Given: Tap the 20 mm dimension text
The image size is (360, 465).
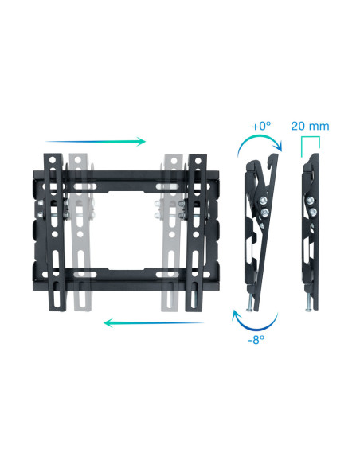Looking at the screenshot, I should (x=309, y=126).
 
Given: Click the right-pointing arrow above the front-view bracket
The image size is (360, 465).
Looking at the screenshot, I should (x=96, y=142).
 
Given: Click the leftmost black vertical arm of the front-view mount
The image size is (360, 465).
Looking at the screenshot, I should (x=53, y=231).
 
